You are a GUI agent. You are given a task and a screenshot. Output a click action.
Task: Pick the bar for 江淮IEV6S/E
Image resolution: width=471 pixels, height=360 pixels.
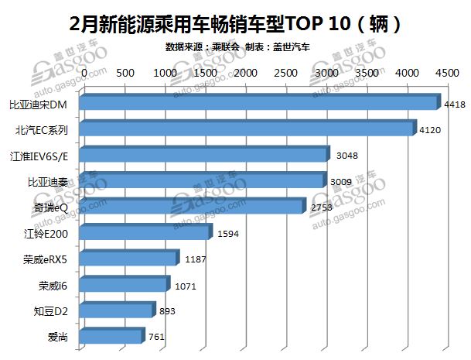[205, 156]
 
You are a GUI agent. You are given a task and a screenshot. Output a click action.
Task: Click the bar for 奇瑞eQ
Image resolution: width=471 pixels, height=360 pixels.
[193, 207]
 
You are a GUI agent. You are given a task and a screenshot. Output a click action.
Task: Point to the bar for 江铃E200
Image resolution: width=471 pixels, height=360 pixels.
[145, 233]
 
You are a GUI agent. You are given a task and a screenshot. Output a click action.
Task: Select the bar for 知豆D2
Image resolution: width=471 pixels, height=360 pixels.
[118, 311]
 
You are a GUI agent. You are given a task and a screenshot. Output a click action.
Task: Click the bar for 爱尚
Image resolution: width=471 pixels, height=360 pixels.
[113, 337]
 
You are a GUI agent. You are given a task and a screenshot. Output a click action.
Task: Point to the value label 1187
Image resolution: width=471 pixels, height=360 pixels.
[196, 259]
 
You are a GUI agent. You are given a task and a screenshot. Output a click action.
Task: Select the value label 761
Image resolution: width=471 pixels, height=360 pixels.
[158, 338]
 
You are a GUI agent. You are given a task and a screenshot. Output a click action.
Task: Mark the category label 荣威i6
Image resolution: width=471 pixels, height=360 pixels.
[53, 286]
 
